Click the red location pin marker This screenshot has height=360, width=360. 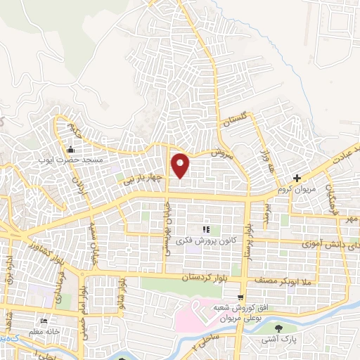coord(181,165)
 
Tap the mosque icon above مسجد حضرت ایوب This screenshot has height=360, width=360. coord(70,149)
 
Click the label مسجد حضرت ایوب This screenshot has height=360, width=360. coord(70,161)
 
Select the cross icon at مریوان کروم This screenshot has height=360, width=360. coord(297,179)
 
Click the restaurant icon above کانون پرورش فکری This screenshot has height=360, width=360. coord(206,229)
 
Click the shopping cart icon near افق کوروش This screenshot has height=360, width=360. coord(240,297)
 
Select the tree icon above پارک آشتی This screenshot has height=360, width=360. coord(280,328)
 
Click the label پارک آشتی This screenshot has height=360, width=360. coord(280,340)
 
